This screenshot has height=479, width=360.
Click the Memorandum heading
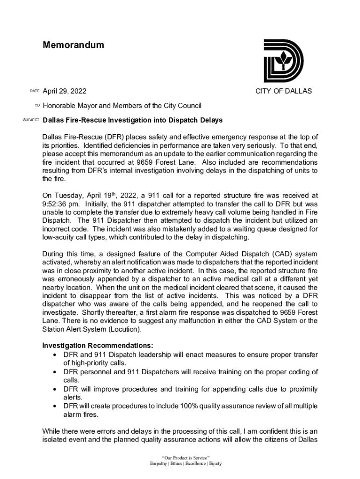[73, 45]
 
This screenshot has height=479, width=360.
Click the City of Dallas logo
[283, 61]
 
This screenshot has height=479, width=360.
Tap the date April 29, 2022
[65, 91]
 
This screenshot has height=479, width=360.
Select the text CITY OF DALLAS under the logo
[283, 91]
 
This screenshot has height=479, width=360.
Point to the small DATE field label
[34, 91]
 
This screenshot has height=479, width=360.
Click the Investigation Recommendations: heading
[98, 346]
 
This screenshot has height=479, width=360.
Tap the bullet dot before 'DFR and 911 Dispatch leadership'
[56, 355]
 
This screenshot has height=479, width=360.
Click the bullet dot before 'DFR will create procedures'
[56, 406]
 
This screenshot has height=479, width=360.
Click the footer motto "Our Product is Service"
[186, 457]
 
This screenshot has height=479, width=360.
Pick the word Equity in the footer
[216, 464]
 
